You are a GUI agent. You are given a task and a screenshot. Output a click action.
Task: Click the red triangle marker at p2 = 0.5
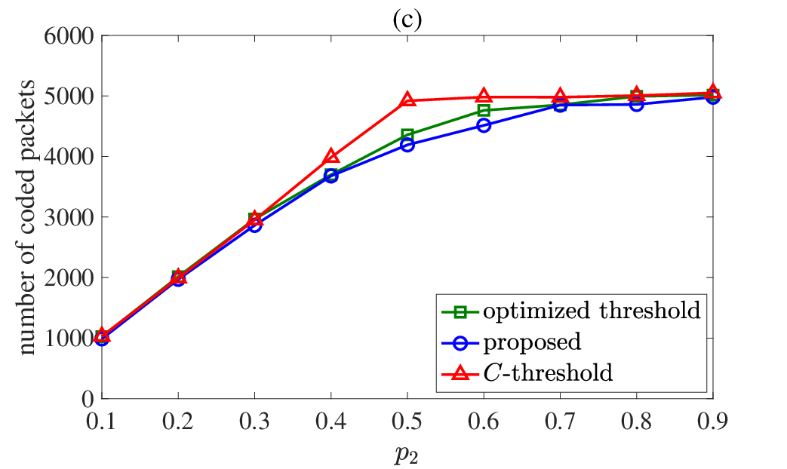(407, 100)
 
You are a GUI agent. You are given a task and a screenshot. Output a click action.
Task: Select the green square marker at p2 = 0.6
(484, 110)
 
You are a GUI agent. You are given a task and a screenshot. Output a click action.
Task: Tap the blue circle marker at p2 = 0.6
(484, 125)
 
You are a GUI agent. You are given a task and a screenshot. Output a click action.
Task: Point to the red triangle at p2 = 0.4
(331, 157)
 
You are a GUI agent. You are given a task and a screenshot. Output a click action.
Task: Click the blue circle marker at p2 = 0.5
(407, 146)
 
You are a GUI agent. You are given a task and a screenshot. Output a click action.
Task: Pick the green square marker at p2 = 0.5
(407, 135)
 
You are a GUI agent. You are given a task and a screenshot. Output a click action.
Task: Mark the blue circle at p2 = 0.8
(636, 105)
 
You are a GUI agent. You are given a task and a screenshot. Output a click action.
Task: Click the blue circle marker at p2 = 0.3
(254, 225)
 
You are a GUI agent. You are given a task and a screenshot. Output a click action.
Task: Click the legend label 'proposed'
(532, 342)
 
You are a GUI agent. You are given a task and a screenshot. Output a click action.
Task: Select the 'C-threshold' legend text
(548, 372)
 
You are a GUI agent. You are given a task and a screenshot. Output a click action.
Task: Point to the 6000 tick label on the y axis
(69, 36)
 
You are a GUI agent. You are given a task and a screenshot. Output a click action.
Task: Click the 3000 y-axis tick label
(69, 217)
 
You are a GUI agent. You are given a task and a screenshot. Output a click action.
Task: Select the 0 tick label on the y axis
(88, 400)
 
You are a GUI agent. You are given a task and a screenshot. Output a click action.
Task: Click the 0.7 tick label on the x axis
(560, 421)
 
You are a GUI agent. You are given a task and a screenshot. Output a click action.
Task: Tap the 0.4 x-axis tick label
(330, 421)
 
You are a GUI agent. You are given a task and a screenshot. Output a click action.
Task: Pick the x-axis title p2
(407, 455)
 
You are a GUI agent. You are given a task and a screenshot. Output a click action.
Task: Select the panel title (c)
(407, 20)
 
